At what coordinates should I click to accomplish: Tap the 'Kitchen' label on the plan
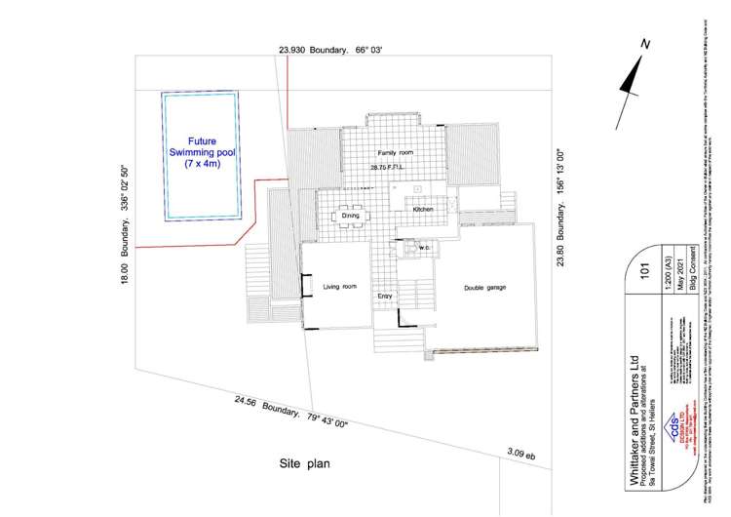[423, 210]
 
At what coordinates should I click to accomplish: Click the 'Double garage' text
[484, 287]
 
